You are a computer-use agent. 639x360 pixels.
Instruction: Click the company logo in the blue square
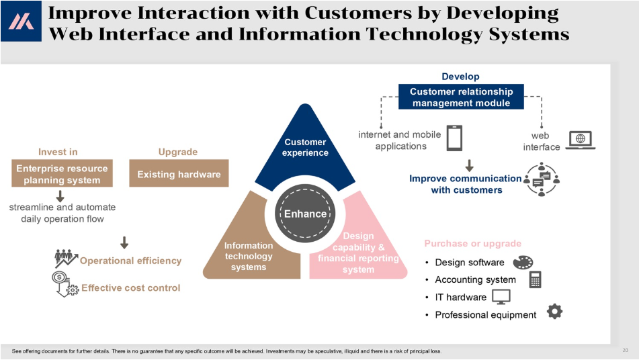tap(22, 21)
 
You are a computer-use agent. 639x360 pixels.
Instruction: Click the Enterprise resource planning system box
tap(62, 173)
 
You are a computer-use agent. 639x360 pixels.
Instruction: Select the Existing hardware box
tap(179, 173)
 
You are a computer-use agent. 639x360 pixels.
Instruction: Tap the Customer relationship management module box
tap(461, 97)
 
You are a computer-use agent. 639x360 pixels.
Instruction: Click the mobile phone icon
tap(454, 138)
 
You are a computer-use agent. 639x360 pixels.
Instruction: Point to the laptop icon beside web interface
tap(581, 140)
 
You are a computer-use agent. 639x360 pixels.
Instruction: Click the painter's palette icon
tap(523, 262)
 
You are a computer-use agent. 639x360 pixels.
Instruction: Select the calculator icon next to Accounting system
tap(535, 280)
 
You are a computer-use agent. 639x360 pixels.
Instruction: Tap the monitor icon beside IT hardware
tap(501, 297)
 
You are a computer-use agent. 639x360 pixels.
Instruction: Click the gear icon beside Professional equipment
tap(554, 311)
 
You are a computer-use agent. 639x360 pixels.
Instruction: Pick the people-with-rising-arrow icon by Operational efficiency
tap(66, 258)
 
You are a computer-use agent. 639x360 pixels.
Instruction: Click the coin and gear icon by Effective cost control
tap(65, 284)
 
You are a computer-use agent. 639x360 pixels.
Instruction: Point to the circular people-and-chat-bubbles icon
tap(541, 179)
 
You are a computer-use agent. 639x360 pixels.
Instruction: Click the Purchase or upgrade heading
tap(473, 244)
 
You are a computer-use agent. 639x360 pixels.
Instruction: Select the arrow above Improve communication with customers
tap(470, 165)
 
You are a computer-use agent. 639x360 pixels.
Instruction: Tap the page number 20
tap(625, 350)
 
